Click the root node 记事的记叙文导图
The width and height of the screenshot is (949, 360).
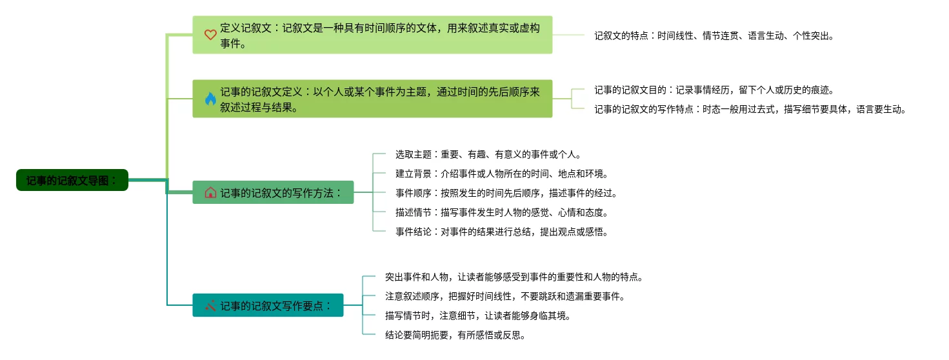tap(72, 180)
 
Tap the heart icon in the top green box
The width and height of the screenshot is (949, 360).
tap(210, 35)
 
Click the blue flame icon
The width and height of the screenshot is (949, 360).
tap(210, 99)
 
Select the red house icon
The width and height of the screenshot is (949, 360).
tap(210, 192)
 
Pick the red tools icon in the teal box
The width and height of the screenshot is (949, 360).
tap(210, 305)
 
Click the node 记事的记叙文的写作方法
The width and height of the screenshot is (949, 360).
tap(280, 192)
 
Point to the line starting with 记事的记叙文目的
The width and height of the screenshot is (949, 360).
tap(719, 90)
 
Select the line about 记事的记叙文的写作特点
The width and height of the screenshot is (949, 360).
tap(750, 110)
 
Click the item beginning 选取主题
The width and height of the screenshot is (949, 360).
tap(488, 155)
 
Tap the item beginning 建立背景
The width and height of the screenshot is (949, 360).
tap(502, 174)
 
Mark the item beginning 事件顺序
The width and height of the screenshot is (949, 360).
tap(506, 193)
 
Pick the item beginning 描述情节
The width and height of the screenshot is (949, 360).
tap(502, 212)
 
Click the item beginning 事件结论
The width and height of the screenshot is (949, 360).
tap(502, 232)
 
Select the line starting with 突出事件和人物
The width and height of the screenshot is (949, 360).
tap(514, 277)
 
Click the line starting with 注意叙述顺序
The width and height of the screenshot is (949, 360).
tap(505, 297)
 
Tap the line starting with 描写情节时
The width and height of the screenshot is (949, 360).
tap(478, 316)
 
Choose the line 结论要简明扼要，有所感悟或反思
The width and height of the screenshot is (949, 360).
tap(455, 335)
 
